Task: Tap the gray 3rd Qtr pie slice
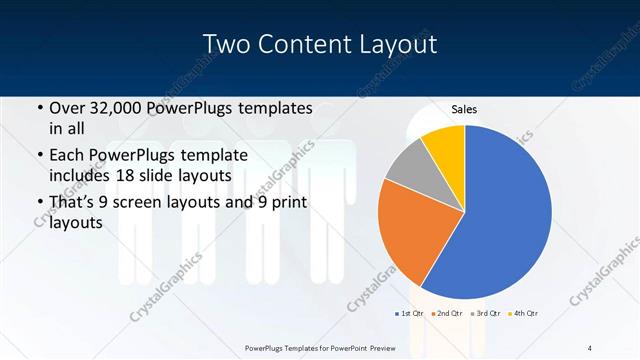pos(408,167)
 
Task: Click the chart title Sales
pos(463,109)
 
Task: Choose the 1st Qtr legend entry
pos(410,314)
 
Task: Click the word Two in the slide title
pos(229,45)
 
